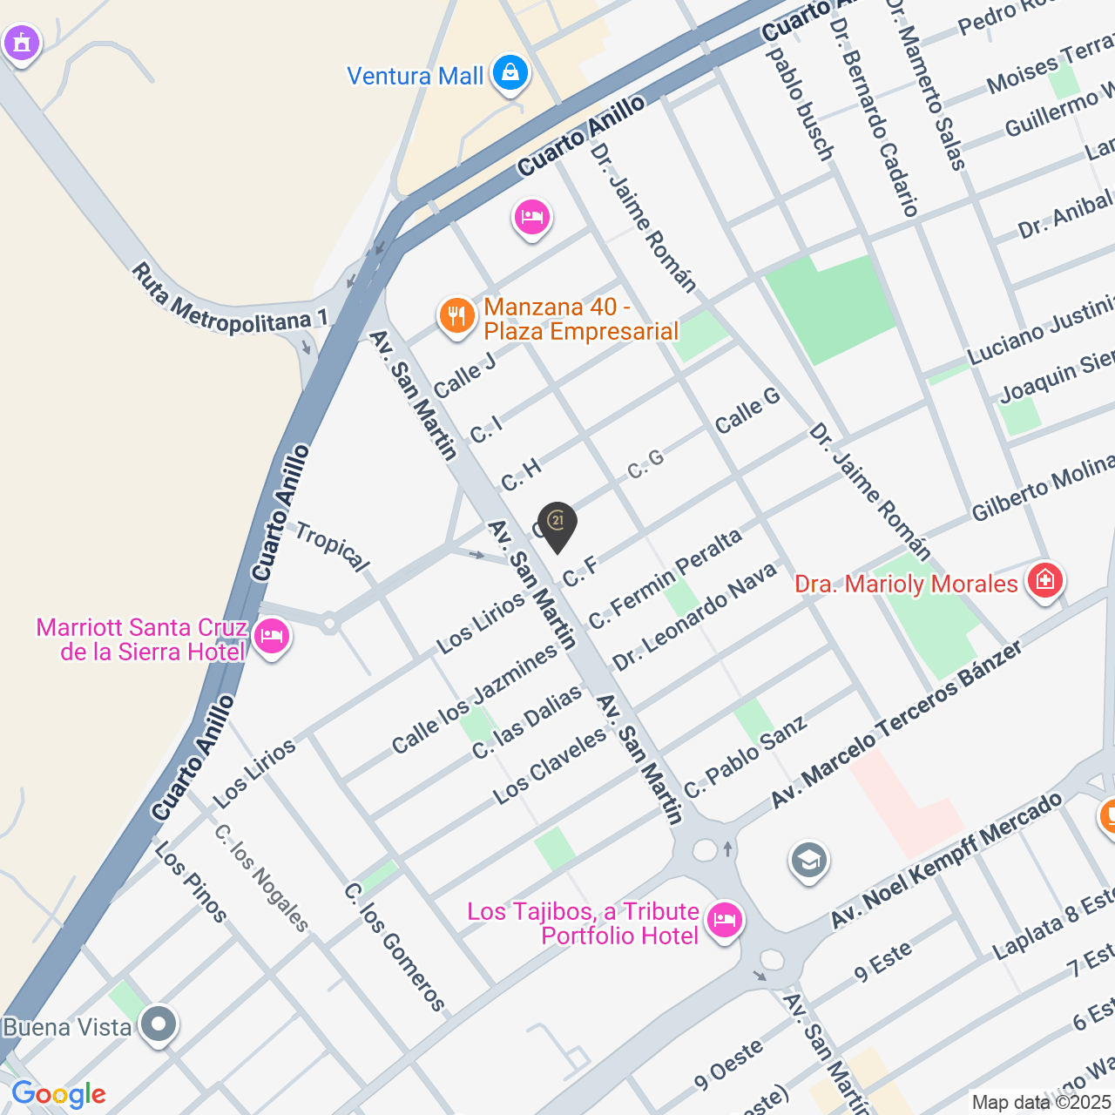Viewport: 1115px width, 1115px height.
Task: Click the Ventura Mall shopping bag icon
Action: pos(510,73)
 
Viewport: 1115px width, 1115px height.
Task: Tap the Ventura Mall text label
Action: pos(415,77)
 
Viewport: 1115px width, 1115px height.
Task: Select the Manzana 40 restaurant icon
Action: pos(456,316)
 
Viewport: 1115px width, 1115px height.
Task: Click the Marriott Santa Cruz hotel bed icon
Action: pos(272,637)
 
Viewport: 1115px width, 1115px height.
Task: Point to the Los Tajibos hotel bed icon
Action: pos(724,920)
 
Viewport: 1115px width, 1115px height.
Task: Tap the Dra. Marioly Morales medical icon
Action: pos(1044,580)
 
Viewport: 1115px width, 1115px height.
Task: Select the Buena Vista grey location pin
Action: pos(159,1024)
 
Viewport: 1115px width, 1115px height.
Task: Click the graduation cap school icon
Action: pos(808,861)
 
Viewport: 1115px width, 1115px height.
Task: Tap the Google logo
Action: pos(58,1094)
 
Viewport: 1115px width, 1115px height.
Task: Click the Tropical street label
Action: pos(332,546)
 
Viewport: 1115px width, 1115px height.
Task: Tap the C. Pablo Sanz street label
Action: pos(745,756)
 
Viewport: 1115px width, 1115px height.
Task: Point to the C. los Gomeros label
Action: pos(395,947)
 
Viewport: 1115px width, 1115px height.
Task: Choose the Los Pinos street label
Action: pos(191,882)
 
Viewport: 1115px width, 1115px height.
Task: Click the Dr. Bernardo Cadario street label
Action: pos(874,117)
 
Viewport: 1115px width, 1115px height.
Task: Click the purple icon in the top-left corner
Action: pos(21,42)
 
